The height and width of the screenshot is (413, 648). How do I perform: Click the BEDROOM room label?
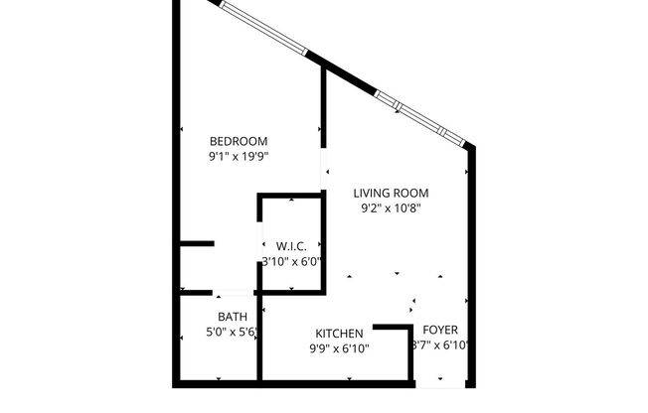point(239,141)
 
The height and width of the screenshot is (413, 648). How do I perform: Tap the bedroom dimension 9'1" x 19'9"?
point(239,156)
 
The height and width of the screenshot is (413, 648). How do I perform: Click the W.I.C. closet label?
point(291,246)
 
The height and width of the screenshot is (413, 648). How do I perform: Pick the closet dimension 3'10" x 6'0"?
point(291,262)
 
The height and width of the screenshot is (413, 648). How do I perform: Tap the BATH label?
point(219,318)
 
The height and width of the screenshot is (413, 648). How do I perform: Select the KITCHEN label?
point(339,333)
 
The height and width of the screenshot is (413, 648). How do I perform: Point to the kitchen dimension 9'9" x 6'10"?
point(339,348)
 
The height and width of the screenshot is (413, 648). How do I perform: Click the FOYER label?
point(440,330)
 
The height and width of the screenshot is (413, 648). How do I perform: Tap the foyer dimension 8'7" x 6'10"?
point(440,345)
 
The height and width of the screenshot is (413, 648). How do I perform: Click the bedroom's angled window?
point(264,27)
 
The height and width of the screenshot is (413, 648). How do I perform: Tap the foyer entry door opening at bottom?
point(440,384)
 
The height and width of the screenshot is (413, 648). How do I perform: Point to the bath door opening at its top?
point(235,293)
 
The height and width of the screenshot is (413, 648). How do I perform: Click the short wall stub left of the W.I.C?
point(197,243)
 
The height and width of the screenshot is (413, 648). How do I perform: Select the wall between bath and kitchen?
point(259,353)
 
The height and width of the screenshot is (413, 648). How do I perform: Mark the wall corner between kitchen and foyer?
point(409,328)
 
